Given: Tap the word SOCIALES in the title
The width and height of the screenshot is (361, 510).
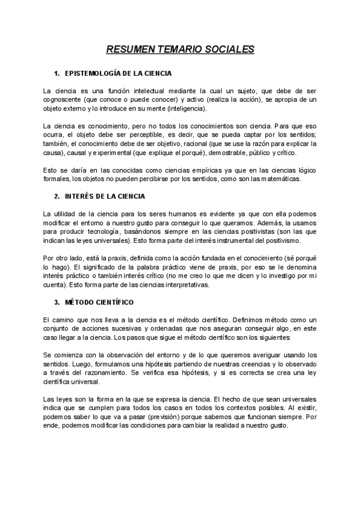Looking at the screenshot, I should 229,49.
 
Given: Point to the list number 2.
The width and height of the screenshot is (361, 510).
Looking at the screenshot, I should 57,196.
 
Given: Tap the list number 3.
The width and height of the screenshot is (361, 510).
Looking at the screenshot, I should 57,301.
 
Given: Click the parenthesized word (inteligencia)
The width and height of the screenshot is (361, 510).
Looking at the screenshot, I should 187,109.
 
